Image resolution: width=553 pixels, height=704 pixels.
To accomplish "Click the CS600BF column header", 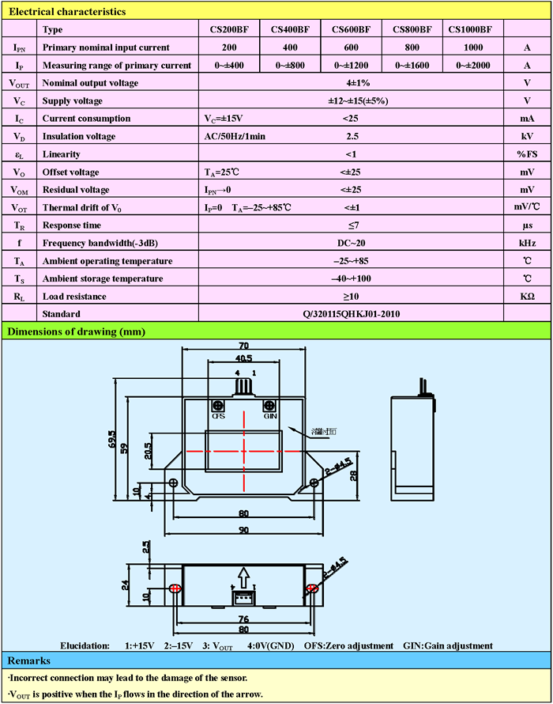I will coord(351,29).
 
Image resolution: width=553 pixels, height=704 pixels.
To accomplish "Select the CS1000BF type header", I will coord(471,29).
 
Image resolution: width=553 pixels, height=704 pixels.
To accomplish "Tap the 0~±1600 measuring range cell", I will coord(412,65).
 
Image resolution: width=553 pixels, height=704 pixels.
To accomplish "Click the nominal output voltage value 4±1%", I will coord(351,83).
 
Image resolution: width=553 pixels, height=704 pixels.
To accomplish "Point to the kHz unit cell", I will coord(527,243).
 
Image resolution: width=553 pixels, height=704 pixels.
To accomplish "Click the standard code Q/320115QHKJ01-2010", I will coord(351,314).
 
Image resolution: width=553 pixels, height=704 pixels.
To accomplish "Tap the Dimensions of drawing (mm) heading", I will coord(76,331).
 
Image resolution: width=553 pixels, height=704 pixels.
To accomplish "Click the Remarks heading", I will coord(29,660).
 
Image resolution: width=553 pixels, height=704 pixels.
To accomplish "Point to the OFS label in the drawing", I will coord(219,416).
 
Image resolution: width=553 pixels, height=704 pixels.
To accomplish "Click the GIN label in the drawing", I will coord(270,416).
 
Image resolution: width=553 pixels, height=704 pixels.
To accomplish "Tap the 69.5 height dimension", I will coord(113,438).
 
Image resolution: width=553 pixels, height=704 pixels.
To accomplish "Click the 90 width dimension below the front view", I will coord(243,528).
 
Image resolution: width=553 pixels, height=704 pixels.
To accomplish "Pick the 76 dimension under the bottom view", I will coord(243,619).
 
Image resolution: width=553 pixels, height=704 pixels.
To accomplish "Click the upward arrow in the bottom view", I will coord(244,576).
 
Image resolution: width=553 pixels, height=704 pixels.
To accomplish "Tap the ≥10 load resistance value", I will coord(351,297).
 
